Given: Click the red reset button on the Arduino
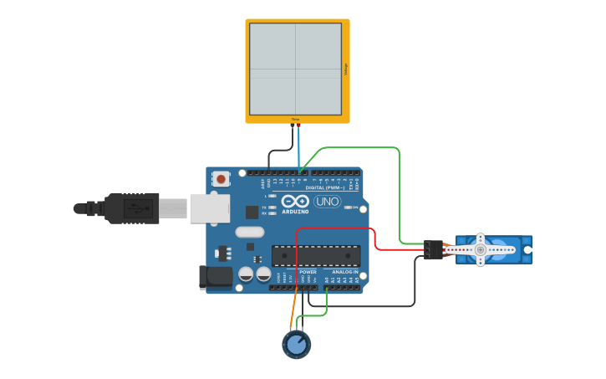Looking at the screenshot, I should [x=221, y=178].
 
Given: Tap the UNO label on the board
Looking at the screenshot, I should [x=327, y=202].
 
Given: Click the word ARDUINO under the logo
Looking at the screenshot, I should [x=295, y=212].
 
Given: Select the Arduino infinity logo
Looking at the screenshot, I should [x=295, y=201].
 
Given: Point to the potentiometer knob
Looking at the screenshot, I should [x=296, y=345].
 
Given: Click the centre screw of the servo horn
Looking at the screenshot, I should [x=480, y=249].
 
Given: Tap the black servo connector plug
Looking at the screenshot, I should [x=433, y=249].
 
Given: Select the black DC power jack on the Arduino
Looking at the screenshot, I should [x=215, y=278].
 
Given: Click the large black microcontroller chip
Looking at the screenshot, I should [x=316, y=255].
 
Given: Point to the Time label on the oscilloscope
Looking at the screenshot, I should [x=295, y=120].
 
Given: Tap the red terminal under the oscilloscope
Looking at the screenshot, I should [x=298, y=125].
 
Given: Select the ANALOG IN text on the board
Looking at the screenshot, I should [x=344, y=272].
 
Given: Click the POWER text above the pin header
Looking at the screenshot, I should [x=308, y=272].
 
